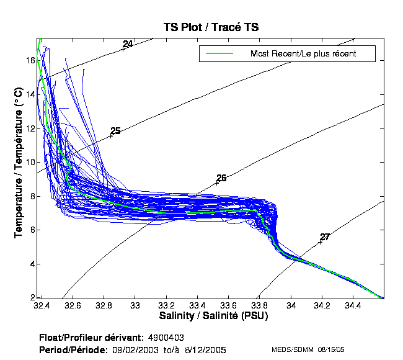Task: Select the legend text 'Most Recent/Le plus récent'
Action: [303, 54]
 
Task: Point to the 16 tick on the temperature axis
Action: [30, 60]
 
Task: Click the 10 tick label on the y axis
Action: [30, 162]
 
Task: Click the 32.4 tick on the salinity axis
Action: [42, 305]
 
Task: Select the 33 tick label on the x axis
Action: [135, 305]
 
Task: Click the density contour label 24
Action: [128, 44]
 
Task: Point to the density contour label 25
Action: [115, 131]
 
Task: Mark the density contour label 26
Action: [221, 178]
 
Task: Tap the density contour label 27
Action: [325, 237]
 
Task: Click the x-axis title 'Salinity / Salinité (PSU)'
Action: [212, 316]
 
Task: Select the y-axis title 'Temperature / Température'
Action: [18, 163]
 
